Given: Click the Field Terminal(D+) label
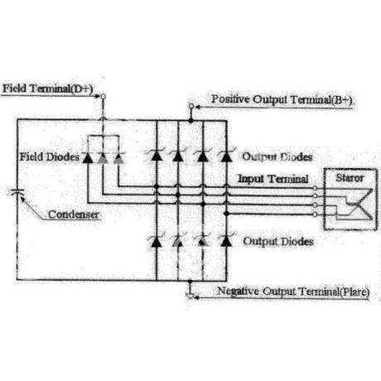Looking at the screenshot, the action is pyautogui.click(x=48, y=89).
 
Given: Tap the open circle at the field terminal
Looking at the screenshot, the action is pyautogui.click(x=103, y=96).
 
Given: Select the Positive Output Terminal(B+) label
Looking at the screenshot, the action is pyautogui.click(x=282, y=99).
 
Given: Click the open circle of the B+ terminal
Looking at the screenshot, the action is pyautogui.click(x=191, y=106).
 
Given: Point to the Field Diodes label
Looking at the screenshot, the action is pyautogui.click(x=50, y=157).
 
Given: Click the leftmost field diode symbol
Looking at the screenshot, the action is pyautogui.click(x=88, y=157).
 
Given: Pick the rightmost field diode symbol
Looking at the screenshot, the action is pyautogui.click(x=118, y=157).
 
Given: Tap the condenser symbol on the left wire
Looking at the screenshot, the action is pyautogui.click(x=17, y=191).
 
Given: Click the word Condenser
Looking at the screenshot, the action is pyautogui.click(x=74, y=215).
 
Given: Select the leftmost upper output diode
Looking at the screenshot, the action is pyautogui.click(x=157, y=155).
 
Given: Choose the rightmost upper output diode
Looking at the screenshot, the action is pyautogui.click(x=226, y=156).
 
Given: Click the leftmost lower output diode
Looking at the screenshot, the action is pyautogui.click(x=157, y=241).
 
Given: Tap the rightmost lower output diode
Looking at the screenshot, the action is pyautogui.click(x=226, y=241).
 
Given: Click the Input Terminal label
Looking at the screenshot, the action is pyautogui.click(x=273, y=179).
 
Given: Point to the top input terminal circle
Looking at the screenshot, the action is pyautogui.click(x=315, y=188).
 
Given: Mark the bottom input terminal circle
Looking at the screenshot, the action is pyautogui.click(x=315, y=215).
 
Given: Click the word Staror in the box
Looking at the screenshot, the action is pyautogui.click(x=350, y=178).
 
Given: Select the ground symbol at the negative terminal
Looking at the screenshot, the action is pyautogui.click(x=190, y=296).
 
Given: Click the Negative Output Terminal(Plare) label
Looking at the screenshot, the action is pyautogui.click(x=293, y=292).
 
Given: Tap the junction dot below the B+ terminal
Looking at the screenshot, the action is pyautogui.click(x=190, y=120).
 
